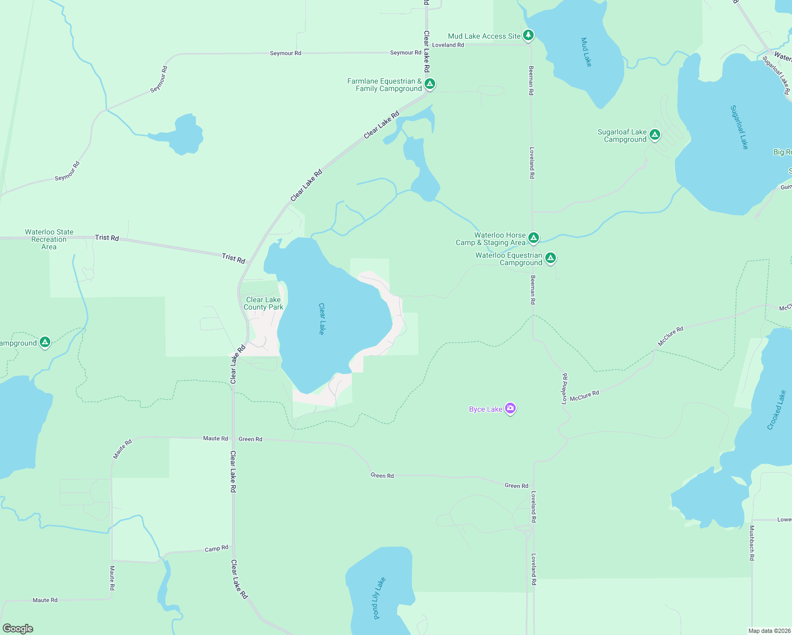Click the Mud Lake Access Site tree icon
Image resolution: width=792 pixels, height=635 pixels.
click(528, 35)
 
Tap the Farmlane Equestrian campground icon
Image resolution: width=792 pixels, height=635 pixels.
click(430, 84)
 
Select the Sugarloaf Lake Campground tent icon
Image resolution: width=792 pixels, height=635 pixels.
click(655, 135)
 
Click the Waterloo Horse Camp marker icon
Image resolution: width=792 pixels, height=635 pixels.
click(534, 238)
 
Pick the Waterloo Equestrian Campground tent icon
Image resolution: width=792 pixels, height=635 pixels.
click(551, 258)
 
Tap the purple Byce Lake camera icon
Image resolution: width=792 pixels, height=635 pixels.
click(510, 408)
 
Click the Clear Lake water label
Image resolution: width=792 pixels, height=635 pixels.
click(321, 319)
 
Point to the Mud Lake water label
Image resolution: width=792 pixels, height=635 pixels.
click(586, 52)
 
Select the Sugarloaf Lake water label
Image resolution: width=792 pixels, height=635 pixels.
click(739, 127)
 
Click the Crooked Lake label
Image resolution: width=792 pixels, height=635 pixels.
click(776, 410)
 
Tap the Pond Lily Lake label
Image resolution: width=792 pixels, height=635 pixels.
click(379, 597)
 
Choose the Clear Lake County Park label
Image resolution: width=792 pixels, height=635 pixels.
click(264, 303)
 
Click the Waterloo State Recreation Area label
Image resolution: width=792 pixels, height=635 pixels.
click(49, 239)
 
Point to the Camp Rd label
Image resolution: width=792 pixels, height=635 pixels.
click(217, 549)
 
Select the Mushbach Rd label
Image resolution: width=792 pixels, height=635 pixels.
click(751, 543)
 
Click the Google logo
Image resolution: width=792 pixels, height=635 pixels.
click(18, 629)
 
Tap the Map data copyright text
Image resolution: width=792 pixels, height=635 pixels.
click(769, 631)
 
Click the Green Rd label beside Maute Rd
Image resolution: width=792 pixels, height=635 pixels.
click(250, 439)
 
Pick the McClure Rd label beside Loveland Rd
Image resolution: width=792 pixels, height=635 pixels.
click(584, 395)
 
